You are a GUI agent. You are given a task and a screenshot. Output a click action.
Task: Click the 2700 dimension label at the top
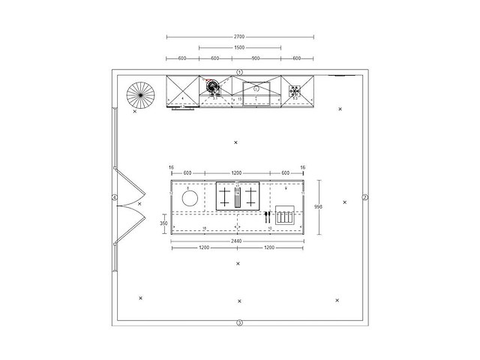(239, 36)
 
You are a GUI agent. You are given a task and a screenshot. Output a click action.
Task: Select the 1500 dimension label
(239, 47)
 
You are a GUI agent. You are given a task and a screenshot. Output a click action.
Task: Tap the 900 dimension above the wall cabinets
(256, 58)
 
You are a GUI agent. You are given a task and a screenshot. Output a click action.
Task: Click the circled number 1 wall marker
(239, 71)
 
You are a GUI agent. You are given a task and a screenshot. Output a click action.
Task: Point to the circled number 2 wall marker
(365, 197)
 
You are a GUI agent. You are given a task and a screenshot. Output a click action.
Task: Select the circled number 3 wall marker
(239, 323)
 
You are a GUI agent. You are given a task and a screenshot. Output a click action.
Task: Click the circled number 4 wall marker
(114, 198)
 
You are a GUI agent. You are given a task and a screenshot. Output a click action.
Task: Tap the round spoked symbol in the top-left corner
(139, 94)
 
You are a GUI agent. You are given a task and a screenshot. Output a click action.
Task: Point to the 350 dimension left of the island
(163, 223)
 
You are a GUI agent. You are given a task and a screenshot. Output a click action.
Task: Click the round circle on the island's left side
(190, 199)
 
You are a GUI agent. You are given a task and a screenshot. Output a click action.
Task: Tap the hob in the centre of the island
(238, 196)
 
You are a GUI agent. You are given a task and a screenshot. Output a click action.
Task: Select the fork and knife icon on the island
(267, 217)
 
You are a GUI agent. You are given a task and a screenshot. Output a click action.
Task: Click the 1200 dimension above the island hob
(238, 172)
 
